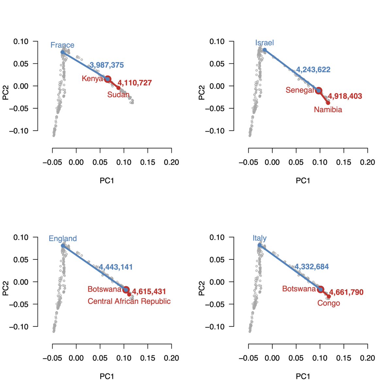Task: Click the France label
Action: (x=62, y=45)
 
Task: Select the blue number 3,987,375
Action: (x=107, y=65)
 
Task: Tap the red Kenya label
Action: (x=92, y=79)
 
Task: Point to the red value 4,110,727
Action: (x=135, y=83)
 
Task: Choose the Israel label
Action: (x=264, y=43)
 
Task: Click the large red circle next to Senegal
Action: (x=318, y=91)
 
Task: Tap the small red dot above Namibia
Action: (x=328, y=103)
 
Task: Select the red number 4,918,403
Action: (x=345, y=96)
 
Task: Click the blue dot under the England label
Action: (x=63, y=245)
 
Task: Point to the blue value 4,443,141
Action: (x=116, y=267)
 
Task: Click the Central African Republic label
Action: (x=129, y=301)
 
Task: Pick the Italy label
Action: (x=259, y=238)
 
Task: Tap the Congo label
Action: (x=329, y=303)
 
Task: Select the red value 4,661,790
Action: (x=346, y=292)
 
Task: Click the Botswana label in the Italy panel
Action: (x=299, y=289)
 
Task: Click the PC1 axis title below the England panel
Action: (x=107, y=377)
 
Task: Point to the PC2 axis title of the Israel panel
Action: (x=202, y=93)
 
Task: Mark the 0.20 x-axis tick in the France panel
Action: (x=171, y=162)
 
